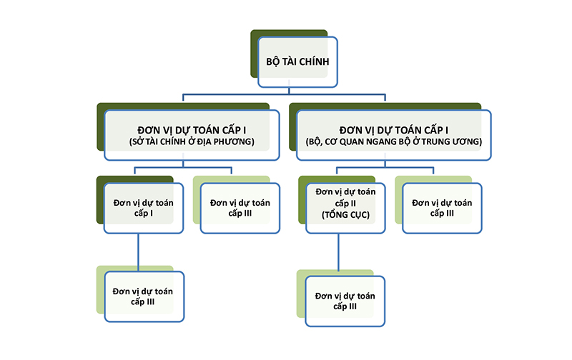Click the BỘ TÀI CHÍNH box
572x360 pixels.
(292, 62)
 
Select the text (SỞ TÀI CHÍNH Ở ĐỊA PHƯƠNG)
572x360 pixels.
(192, 141)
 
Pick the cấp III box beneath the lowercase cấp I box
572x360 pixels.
(143, 296)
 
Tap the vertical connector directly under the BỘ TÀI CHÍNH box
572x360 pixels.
(289, 90)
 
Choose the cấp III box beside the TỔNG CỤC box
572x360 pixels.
(442, 208)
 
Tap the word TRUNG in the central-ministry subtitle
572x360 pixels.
(448, 141)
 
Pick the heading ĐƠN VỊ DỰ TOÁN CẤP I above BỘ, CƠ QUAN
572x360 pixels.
(394, 129)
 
